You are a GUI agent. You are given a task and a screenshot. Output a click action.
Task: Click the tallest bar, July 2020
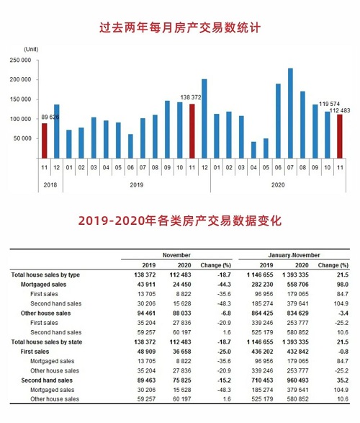coord(290,113)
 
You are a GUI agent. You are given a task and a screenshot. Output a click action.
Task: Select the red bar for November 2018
coord(44,141)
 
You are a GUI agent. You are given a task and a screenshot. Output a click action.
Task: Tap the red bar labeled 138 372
coord(192,131)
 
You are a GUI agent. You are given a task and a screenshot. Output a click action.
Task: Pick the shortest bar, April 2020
coord(253,150)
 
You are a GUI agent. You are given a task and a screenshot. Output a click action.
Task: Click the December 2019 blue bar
coord(204,118)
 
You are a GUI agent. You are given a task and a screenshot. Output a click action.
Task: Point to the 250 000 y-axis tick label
coord(20,60)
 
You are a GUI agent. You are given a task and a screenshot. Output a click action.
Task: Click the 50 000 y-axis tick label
coord(22,138)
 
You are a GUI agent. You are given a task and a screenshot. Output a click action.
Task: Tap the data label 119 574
coord(329,104)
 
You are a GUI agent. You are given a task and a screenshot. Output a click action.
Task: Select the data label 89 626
coord(50,117)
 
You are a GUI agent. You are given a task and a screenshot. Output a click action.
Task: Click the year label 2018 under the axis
coord(50,184)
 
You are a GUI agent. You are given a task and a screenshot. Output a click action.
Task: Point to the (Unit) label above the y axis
coord(31,50)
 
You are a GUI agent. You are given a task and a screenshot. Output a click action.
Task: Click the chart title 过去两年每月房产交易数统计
coord(180,28)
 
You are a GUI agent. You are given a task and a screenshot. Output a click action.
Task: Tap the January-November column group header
coord(294,255)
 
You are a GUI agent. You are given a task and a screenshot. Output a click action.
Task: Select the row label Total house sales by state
coord(47,342)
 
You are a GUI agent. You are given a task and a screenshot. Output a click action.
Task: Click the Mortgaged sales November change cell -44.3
coord(224,285)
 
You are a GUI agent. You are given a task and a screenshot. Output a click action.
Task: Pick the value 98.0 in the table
coord(343,285)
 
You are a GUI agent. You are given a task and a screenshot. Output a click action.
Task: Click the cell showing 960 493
coord(298,380)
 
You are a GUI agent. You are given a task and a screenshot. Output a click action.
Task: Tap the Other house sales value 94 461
coord(145,313)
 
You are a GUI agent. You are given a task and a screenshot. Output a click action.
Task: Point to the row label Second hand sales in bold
coord(47,380)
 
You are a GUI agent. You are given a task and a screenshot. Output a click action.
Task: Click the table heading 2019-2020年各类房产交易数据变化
coord(180,221)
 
